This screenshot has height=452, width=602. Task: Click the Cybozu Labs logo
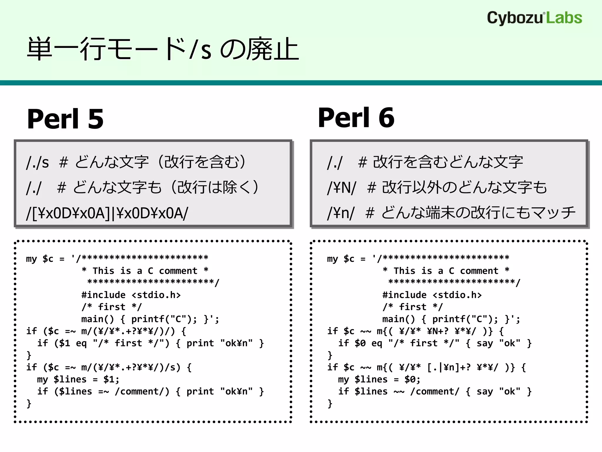pos(534,18)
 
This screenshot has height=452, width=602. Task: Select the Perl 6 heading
pos(356,117)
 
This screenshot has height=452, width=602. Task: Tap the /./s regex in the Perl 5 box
pos(37,162)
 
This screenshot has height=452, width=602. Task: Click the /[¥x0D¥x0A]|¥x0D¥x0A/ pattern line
pos(107,213)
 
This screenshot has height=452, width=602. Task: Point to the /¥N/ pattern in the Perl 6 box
pos(342,187)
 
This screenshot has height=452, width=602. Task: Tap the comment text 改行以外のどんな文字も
pos(464,187)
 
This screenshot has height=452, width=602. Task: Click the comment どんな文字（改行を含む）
pos(160,162)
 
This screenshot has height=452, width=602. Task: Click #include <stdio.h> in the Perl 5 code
pos(131,295)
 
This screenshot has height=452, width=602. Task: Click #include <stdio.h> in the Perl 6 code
pos(432,295)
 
